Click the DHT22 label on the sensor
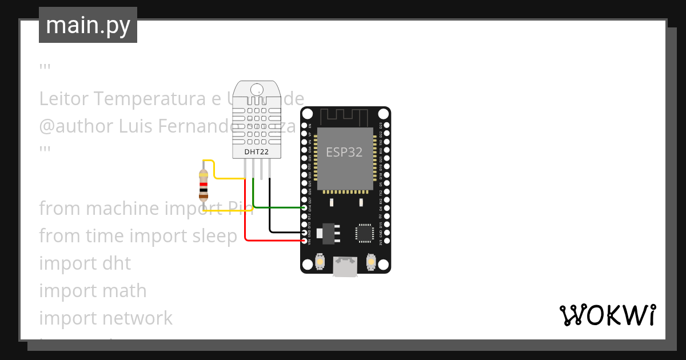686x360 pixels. pos(257,152)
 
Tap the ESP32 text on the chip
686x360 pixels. pos(344,152)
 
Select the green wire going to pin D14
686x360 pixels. pos(280,207)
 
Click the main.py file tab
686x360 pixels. pos(88,25)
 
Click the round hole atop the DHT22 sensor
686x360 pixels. pos(257,89)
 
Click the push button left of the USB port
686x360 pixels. pos(320,262)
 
